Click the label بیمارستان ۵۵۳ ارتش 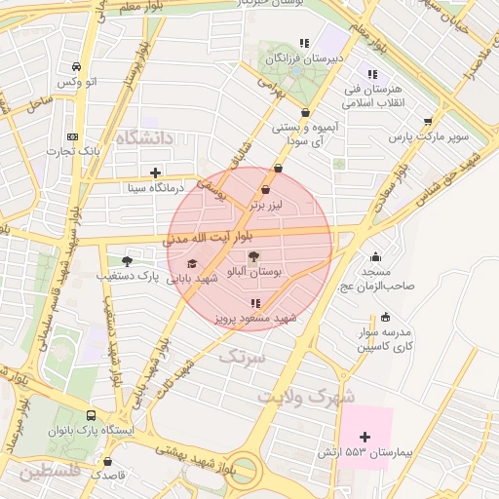coord(365,454)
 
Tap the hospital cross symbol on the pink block coord(365,437)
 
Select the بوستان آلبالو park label coord(253,274)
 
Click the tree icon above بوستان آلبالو coord(254,257)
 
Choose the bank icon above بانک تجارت coord(71,136)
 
